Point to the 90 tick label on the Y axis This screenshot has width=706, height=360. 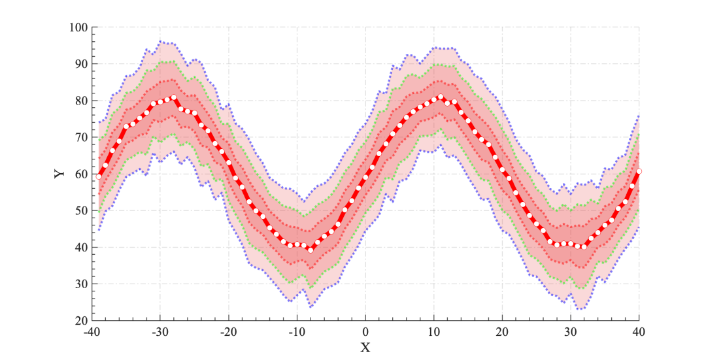81,64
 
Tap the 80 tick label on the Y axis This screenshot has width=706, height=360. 81,101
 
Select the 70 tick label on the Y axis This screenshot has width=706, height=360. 81,137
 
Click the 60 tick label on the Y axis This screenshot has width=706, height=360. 81,174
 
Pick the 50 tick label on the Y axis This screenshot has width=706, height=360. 81,210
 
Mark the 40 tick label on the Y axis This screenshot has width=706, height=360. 81,248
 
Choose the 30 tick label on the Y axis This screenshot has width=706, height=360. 81,284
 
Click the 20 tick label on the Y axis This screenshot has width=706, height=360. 81,321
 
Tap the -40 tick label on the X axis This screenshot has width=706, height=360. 92,332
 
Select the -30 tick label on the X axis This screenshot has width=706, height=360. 160,332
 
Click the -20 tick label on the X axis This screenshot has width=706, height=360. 228,332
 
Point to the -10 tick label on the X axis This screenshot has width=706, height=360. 297,332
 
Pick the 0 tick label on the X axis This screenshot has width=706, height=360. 365,332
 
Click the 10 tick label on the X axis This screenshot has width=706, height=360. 434,332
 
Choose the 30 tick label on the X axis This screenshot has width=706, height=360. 571,332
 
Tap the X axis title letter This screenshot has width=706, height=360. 365,348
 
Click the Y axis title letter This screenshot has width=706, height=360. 59,174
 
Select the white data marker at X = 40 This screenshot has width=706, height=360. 639,171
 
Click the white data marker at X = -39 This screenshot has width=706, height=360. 99,176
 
